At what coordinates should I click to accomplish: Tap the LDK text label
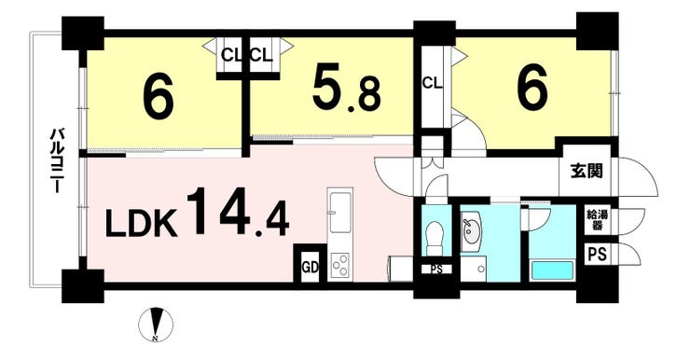(141, 225)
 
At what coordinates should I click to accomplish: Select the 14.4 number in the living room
(238, 213)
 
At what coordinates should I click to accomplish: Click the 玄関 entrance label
(586, 172)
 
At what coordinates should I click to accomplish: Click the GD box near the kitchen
(310, 267)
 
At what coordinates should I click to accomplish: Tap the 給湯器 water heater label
(597, 220)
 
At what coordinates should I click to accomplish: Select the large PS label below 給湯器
(597, 255)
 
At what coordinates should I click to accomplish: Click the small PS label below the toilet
(436, 270)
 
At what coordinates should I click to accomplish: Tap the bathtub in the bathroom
(553, 270)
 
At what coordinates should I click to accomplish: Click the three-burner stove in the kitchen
(339, 267)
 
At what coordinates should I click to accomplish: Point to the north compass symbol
(156, 325)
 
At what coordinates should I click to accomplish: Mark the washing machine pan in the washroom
(474, 270)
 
